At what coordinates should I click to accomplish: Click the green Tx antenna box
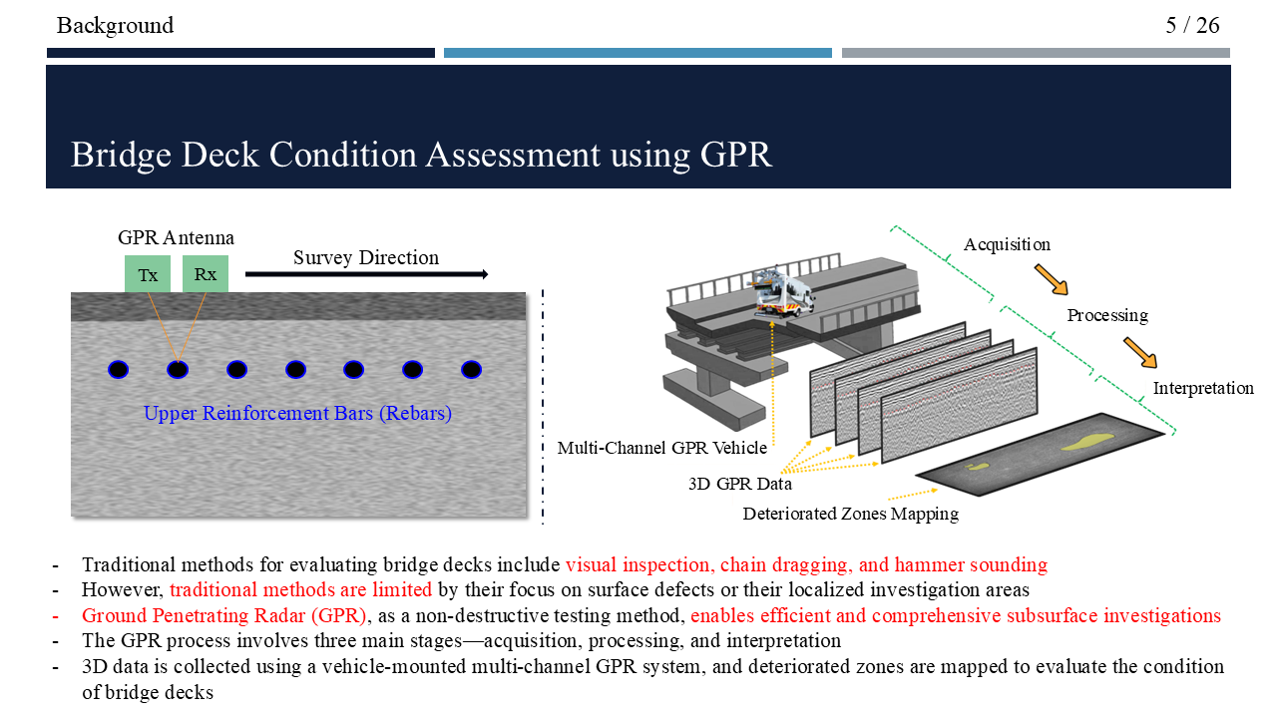tap(148, 274)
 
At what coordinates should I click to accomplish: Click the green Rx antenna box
tap(206, 274)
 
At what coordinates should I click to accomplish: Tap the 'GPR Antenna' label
tap(176, 237)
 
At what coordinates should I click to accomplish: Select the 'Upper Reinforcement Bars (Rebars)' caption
tap(297, 413)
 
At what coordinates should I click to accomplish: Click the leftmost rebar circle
tap(119, 370)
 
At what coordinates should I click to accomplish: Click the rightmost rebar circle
tap(472, 370)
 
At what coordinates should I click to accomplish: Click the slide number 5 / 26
tap(1192, 25)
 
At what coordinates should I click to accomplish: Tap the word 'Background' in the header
tap(115, 25)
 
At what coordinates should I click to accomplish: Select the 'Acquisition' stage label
tap(1007, 244)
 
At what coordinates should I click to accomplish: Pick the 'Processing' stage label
tap(1107, 315)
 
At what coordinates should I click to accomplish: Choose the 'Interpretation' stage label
tap(1203, 388)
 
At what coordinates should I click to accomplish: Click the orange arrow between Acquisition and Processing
tap(1051, 279)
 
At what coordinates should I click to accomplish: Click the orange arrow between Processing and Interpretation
tap(1140, 352)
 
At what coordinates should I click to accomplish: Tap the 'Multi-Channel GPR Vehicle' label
tap(662, 448)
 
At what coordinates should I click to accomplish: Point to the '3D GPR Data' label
tap(740, 484)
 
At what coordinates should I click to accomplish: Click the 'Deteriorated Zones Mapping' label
tap(850, 514)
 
